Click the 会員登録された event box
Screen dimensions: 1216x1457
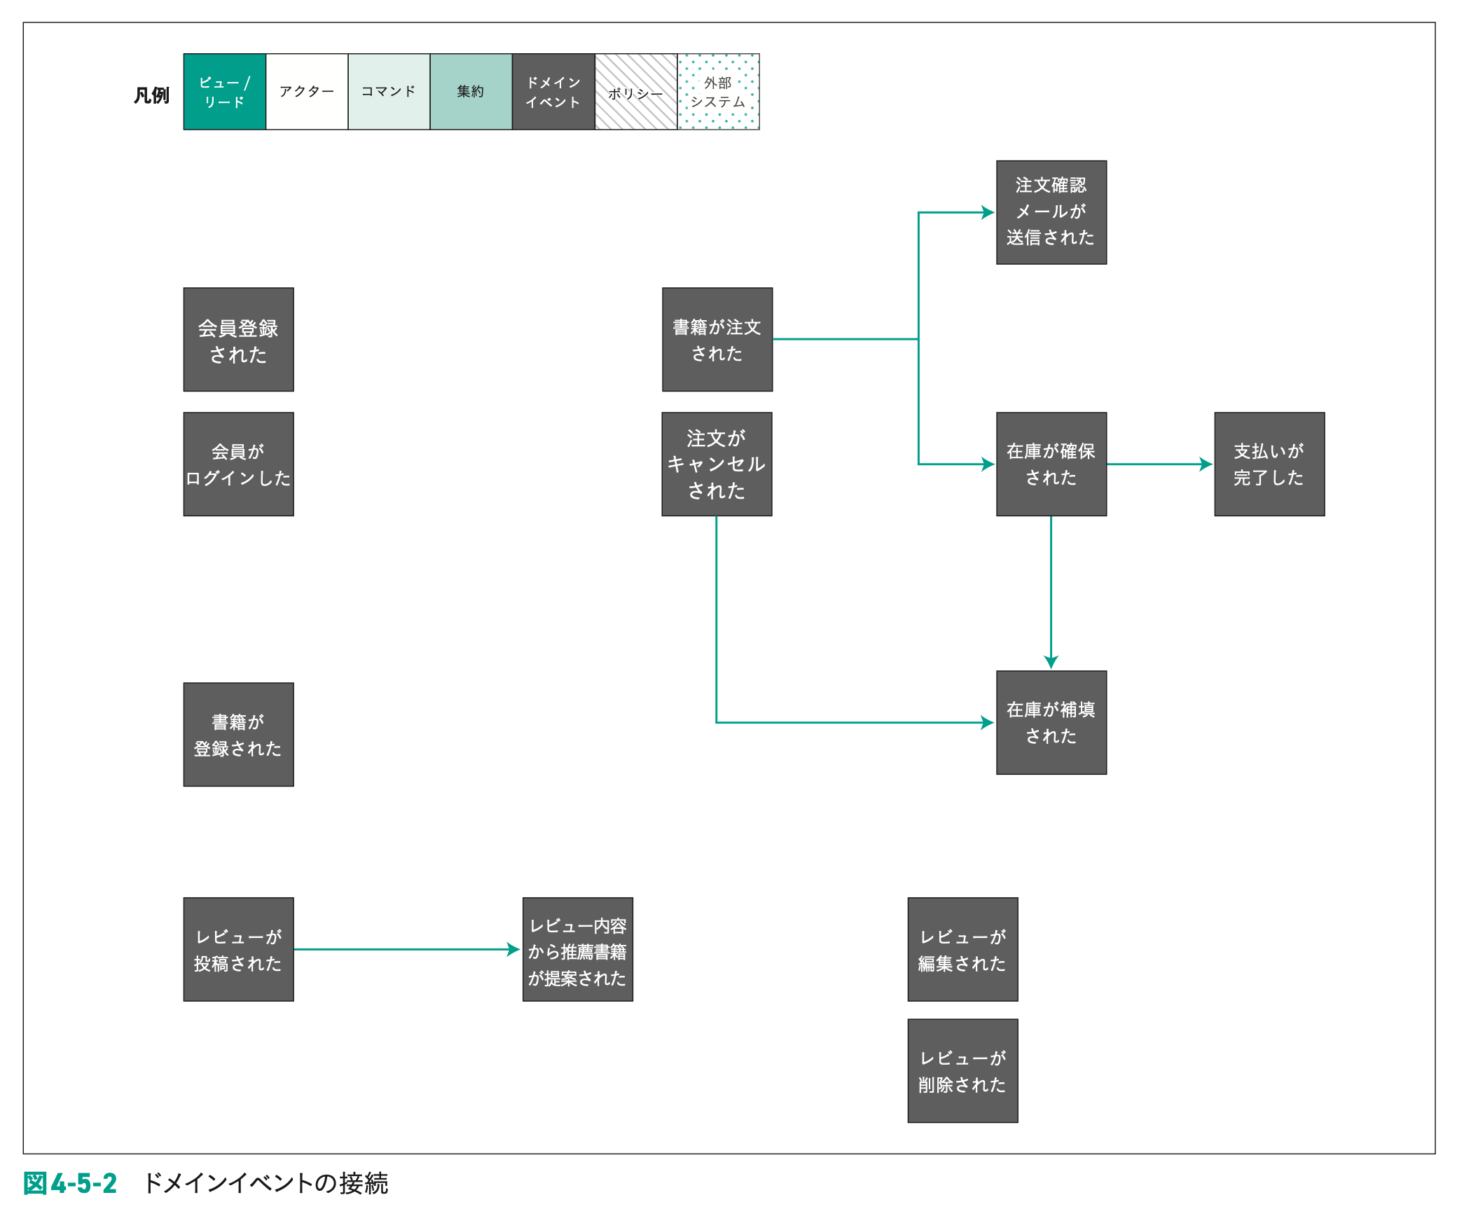click(x=238, y=340)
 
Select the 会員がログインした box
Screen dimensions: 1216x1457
click(x=238, y=464)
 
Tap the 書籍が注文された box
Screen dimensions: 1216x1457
click(x=717, y=340)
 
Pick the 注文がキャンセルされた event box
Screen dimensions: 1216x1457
click(x=717, y=464)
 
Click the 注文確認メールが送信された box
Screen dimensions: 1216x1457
click(x=1051, y=212)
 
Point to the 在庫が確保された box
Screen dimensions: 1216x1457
click(x=1051, y=464)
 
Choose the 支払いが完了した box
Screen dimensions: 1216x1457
click(x=1269, y=464)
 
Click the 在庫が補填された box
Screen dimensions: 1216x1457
click(x=1051, y=722)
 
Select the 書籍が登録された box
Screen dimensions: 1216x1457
click(x=238, y=734)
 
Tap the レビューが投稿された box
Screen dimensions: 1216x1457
click(x=238, y=949)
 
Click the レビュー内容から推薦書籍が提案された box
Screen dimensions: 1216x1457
click(x=577, y=949)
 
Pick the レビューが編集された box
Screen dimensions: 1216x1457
click(x=962, y=949)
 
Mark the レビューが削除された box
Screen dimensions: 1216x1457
click(x=962, y=1070)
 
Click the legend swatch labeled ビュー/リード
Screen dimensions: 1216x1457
click(x=225, y=92)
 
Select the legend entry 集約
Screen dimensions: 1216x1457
click(x=471, y=92)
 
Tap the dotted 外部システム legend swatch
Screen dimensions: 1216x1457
click(x=718, y=92)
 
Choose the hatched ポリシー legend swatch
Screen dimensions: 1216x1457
click(x=635, y=92)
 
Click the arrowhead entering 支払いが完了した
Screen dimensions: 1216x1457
click(x=1206, y=464)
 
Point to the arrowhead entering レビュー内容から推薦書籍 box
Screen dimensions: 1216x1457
click(x=514, y=949)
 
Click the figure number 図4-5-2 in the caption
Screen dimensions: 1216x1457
click(x=70, y=1183)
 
